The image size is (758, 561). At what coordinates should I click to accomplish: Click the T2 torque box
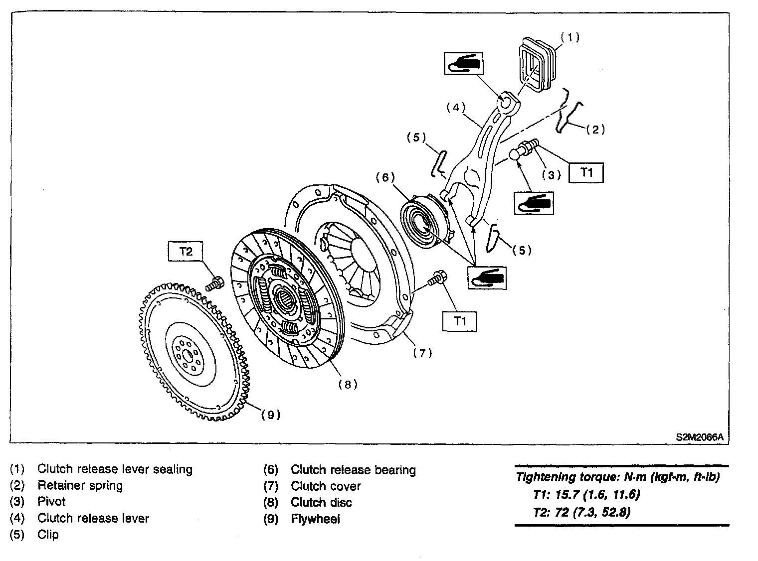click(186, 252)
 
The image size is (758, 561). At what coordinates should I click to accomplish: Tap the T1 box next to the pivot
click(587, 173)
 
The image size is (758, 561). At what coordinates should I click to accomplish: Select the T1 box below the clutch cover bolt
click(460, 321)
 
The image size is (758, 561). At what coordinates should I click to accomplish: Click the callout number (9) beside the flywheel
click(271, 415)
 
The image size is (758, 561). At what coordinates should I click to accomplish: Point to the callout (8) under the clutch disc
click(348, 384)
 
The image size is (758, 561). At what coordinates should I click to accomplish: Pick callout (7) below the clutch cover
click(422, 353)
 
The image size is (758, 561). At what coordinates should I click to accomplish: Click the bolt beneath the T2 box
click(215, 283)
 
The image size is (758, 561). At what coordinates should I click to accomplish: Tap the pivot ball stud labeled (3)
click(524, 149)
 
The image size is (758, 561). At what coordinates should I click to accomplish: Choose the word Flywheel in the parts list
click(315, 519)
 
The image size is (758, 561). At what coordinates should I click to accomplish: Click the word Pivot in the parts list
click(51, 502)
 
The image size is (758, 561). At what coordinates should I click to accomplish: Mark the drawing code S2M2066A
click(699, 437)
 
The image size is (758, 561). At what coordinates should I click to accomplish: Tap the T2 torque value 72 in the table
click(562, 512)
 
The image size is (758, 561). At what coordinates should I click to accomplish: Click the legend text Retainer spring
click(80, 485)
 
